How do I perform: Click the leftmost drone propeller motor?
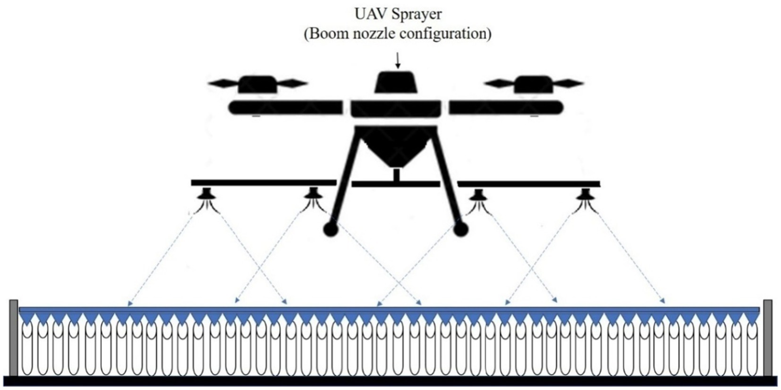[257, 84]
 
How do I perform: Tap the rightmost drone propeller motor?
[533, 84]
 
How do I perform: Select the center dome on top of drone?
[397, 82]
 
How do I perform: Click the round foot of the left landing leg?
[330, 229]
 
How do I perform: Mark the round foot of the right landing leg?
[461, 229]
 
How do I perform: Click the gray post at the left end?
[14, 338]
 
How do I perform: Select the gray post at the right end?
[768, 338]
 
